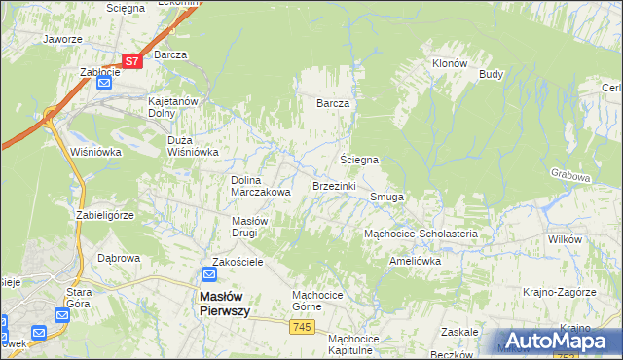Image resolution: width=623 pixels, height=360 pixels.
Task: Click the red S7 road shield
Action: (132, 60)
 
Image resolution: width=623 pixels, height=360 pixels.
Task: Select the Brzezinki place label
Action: (335, 185)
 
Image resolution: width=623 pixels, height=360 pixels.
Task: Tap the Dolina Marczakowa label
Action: (260, 186)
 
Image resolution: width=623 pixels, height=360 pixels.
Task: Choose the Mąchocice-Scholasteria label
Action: (420, 234)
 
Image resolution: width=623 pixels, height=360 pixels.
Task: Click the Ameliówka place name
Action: (415, 261)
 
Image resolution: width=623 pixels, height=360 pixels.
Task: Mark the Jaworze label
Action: (61, 40)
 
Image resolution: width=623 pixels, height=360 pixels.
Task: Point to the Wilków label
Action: (565, 239)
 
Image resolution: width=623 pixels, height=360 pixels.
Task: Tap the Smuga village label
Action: (386, 197)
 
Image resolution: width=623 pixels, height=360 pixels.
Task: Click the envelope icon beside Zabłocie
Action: (104, 84)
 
